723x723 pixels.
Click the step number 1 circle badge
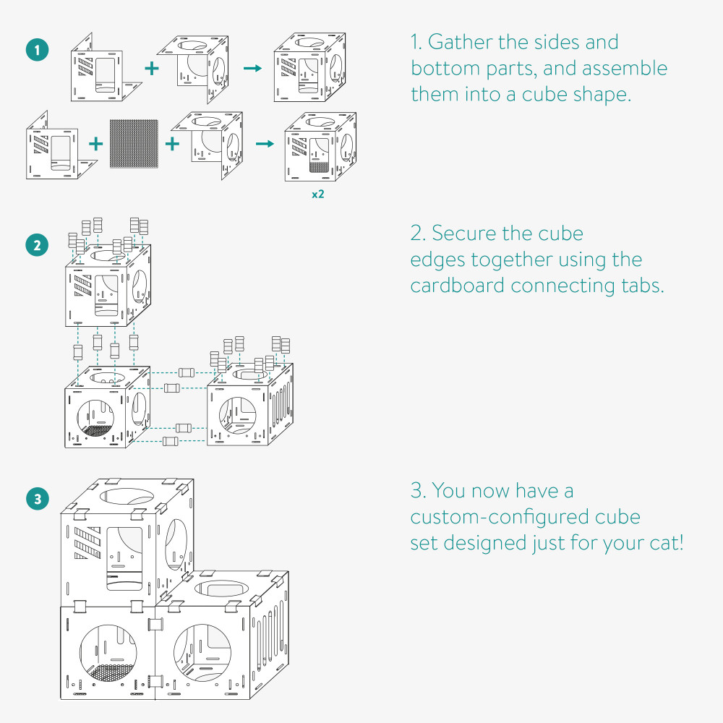pyautogui.click(x=37, y=51)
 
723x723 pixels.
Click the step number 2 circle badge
pyautogui.click(x=37, y=245)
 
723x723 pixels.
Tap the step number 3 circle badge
pyautogui.click(x=37, y=498)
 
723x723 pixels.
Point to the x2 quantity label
pyautogui.click(x=317, y=194)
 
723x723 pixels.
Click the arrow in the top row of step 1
pyautogui.click(x=252, y=68)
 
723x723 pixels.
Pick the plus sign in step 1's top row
pyautogui.click(x=151, y=68)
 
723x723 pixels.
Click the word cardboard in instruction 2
pyautogui.click(x=458, y=286)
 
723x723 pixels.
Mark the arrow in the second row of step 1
pyautogui.click(x=265, y=143)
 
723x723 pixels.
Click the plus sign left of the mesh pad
pyautogui.click(x=95, y=143)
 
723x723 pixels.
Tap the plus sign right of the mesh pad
pyautogui.click(x=172, y=143)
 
